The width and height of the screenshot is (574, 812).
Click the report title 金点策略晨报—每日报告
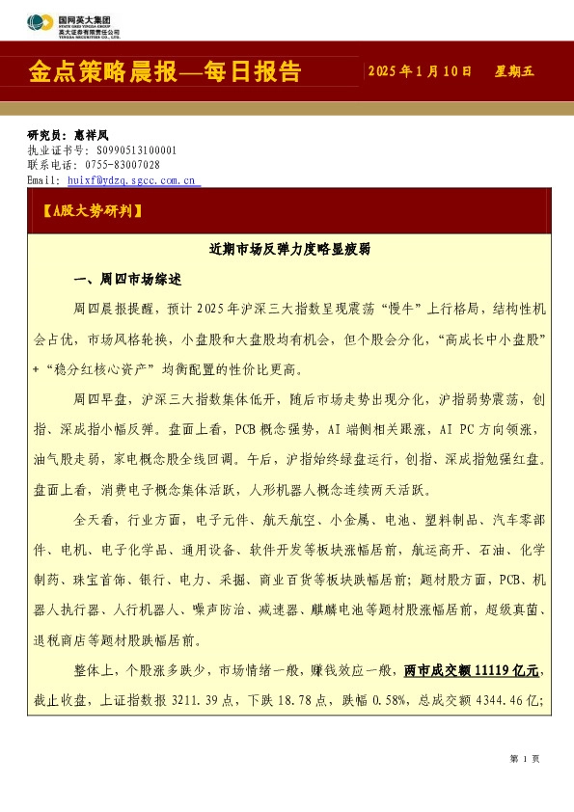pos(165,72)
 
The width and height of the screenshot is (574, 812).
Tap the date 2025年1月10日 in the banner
pos(421,72)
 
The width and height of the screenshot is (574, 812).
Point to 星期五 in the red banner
pos(514,72)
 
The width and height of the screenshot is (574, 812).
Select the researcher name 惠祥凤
pos(93,136)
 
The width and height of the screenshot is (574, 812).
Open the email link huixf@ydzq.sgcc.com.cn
pos(132,179)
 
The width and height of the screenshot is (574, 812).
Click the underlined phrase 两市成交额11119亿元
pos(472,669)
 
